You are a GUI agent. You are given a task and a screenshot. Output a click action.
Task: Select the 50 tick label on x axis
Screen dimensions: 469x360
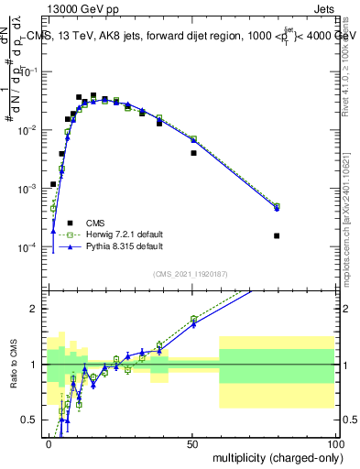pyautogui.click(x=192, y=442)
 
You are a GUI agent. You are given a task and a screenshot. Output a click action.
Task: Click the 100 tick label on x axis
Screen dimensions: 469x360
pyautogui.click(x=334, y=442)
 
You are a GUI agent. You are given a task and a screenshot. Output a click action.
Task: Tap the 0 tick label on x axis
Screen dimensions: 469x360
pyautogui.click(x=49, y=442)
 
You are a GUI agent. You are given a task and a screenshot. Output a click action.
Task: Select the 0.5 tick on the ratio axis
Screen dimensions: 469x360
pyautogui.click(x=31, y=420)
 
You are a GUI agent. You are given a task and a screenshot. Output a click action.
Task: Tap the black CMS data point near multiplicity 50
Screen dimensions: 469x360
pyautogui.click(x=193, y=153)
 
